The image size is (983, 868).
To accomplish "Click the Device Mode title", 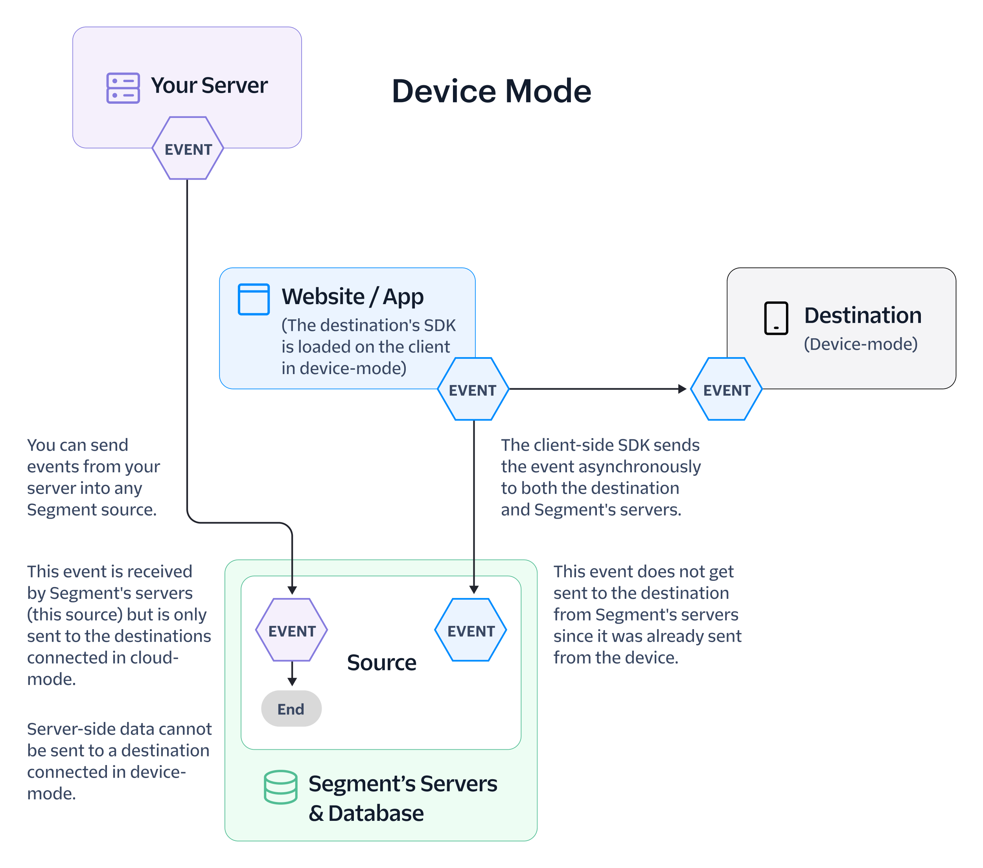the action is click(x=491, y=91).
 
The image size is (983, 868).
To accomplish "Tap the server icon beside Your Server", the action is click(x=123, y=88).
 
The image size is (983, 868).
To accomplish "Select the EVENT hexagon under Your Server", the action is click(x=188, y=148).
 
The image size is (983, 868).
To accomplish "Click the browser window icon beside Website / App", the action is click(x=254, y=299).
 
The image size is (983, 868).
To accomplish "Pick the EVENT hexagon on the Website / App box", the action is click(x=473, y=389).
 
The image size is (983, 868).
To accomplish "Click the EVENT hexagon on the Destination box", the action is click(x=726, y=389).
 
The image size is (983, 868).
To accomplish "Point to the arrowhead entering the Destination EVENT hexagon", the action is click(x=683, y=389).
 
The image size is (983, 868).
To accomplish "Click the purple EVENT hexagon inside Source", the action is click(x=291, y=629).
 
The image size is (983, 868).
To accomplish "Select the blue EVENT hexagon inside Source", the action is click(x=471, y=629).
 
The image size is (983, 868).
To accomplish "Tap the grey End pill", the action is click(x=291, y=708).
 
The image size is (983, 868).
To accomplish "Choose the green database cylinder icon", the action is click(x=280, y=787).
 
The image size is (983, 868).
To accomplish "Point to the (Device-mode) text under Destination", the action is click(x=861, y=344).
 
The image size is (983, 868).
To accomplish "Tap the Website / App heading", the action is click(x=353, y=297).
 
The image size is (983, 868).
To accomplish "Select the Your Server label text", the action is click(x=209, y=86).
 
